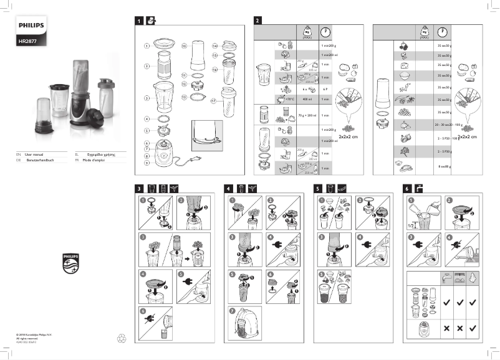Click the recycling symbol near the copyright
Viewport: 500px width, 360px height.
122,339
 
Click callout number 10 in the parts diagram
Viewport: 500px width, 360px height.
184,46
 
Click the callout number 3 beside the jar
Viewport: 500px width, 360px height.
147,98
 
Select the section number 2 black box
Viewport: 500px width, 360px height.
257,21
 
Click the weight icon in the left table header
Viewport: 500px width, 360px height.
307,32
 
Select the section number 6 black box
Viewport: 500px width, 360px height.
407,187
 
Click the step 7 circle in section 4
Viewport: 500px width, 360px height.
233,310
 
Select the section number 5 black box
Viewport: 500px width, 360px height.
317,187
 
